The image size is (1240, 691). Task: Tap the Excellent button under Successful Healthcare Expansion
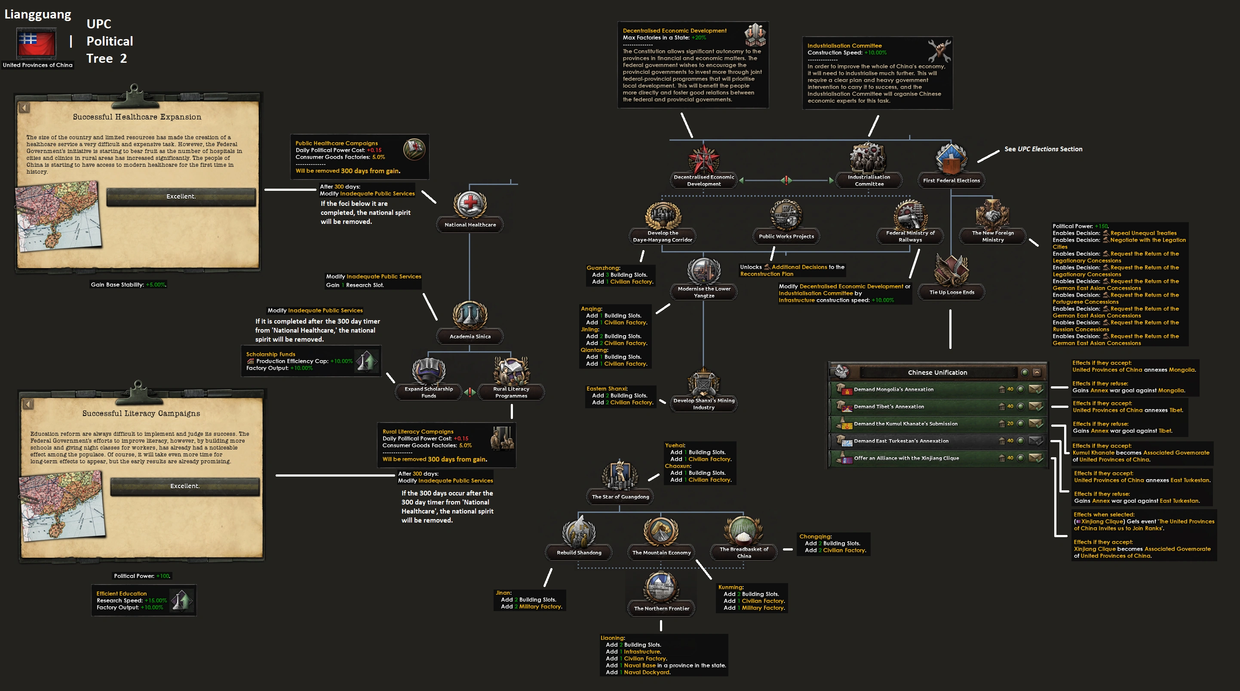[x=181, y=196]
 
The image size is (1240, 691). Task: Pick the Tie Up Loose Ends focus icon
[x=951, y=270]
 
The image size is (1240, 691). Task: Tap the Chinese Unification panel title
[x=937, y=373]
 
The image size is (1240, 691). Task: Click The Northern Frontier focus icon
[x=661, y=587]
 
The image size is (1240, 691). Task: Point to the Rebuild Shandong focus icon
[x=579, y=532]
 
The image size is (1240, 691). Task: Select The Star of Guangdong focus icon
[x=620, y=475]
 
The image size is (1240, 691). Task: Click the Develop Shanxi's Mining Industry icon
[x=703, y=383]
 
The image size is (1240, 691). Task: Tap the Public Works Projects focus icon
[x=786, y=216]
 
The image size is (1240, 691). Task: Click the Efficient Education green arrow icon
[x=181, y=600]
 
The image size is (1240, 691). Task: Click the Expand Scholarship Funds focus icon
[x=428, y=371]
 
